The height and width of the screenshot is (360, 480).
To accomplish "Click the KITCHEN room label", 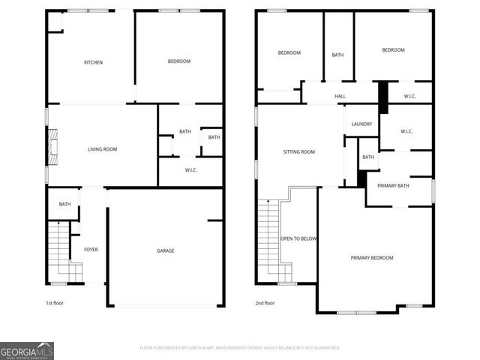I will [x=93, y=62].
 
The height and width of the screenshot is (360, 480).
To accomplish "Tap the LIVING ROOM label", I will [x=102, y=149].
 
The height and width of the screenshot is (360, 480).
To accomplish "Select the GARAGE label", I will [x=165, y=250].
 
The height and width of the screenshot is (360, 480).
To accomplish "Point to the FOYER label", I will [x=91, y=250].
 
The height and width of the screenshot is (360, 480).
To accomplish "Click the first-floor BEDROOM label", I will [x=179, y=61].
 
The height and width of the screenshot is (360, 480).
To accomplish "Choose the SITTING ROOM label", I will [x=298, y=151].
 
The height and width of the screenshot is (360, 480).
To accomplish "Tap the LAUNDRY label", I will [x=361, y=124].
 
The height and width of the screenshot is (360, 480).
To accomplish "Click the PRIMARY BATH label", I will [x=393, y=185].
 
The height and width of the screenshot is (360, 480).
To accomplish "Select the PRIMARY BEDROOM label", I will [x=372, y=258].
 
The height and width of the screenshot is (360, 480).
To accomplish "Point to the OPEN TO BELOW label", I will [x=298, y=238].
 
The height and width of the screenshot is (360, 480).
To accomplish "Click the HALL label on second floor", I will [x=340, y=96].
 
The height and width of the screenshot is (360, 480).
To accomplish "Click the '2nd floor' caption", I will [x=265, y=303].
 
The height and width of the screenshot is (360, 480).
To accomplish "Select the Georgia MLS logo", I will [x=27, y=350].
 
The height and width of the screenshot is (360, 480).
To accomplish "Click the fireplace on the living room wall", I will [x=51, y=147].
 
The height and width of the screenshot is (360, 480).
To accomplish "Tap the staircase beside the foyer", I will [x=57, y=250].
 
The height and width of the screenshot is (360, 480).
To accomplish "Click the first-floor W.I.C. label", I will [x=190, y=170].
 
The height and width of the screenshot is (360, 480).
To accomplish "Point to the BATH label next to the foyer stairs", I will [x=64, y=204].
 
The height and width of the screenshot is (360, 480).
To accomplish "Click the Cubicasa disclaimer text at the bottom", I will [x=240, y=348].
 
